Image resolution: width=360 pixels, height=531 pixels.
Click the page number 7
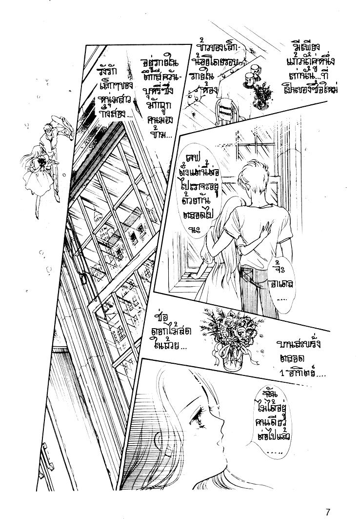[329, 512]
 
